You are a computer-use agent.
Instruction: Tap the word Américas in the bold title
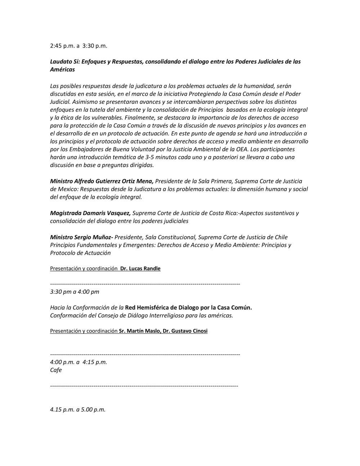pyautogui.click(x=62, y=70)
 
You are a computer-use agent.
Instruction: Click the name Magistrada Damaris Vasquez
pyautogui.click(x=90, y=213)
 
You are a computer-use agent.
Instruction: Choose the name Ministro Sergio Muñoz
pyautogui.click(x=82, y=237)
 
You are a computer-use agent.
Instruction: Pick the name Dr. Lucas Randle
pyautogui.click(x=140, y=269)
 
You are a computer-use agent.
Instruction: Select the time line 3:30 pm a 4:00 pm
pyautogui.click(x=75, y=292)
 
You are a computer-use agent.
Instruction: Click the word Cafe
pyautogui.click(x=56, y=370)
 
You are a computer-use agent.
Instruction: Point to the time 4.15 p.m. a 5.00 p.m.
pyautogui.click(x=78, y=409)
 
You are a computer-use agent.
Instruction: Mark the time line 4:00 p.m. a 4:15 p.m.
pyautogui.click(x=78, y=362)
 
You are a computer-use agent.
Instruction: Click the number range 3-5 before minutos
pyautogui.click(x=134, y=157)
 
